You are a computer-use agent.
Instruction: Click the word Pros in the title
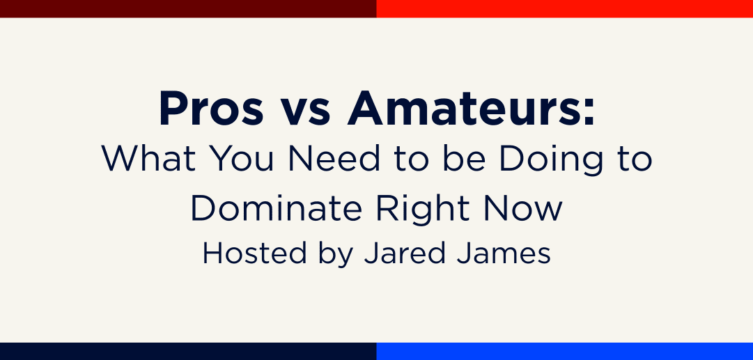click(211, 109)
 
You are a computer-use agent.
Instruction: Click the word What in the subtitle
click(143, 159)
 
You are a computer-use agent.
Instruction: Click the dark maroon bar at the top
click(188, 8)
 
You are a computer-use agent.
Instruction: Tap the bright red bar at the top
click(564, 8)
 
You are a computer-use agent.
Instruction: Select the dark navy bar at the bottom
click(188, 351)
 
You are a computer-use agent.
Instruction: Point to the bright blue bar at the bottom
click(564, 351)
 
